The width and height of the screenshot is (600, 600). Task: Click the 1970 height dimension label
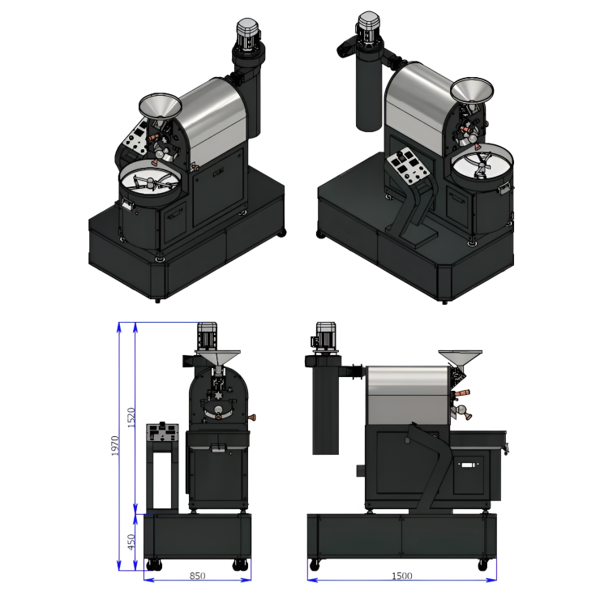point(115,446)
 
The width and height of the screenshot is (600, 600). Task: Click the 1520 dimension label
point(131,418)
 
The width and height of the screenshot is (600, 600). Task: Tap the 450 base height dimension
point(131,542)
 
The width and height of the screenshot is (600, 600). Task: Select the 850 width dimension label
point(198,576)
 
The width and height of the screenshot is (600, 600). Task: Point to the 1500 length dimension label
point(402,576)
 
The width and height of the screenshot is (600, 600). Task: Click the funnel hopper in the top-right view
point(472,90)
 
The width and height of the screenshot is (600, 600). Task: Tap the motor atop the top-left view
point(248,34)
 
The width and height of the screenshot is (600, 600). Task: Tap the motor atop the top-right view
point(368,27)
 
